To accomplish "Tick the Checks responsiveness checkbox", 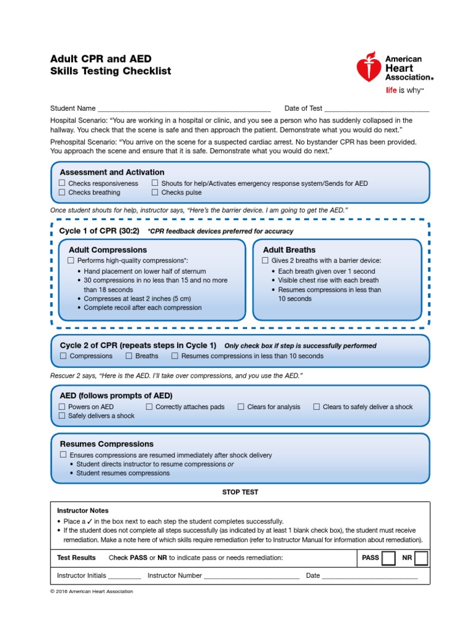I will (62, 183).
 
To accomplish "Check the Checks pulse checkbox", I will (155, 193).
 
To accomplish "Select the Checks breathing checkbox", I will (62, 193).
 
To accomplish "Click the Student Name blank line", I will (184, 109).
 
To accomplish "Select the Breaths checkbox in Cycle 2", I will (129, 356).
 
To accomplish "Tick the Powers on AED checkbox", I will (62, 407).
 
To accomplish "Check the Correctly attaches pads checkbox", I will (149, 407).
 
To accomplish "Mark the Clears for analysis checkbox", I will (241, 407).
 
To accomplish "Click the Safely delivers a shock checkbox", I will (62, 416).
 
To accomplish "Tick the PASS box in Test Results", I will (388, 558).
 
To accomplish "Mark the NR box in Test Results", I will (421, 558).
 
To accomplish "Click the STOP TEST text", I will (240, 492).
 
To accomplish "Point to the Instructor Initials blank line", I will (124, 576).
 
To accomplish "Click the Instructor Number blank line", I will (251, 576).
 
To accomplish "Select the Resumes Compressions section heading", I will (106, 444).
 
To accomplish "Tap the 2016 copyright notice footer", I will (92, 591).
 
